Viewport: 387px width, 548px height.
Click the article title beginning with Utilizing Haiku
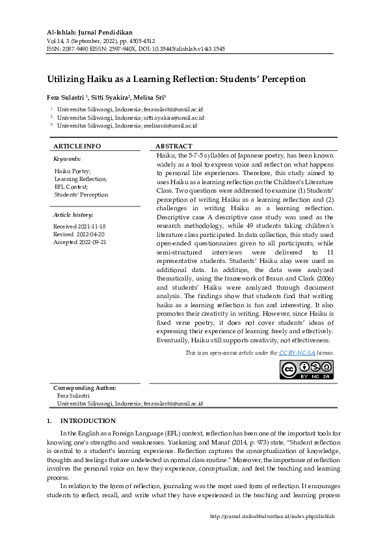pyautogui.click(x=176, y=79)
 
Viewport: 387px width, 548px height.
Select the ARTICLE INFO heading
pyautogui.click(x=77, y=146)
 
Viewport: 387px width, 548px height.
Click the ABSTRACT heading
pyautogui.click(x=174, y=146)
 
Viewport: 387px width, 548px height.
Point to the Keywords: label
pyautogui.click(x=67, y=158)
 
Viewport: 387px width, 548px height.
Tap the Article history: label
pyautogui.click(x=73, y=214)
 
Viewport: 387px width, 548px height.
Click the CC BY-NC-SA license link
pyautogui.click(x=297, y=352)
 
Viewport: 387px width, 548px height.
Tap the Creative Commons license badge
pyautogui.click(x=306, y=369)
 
